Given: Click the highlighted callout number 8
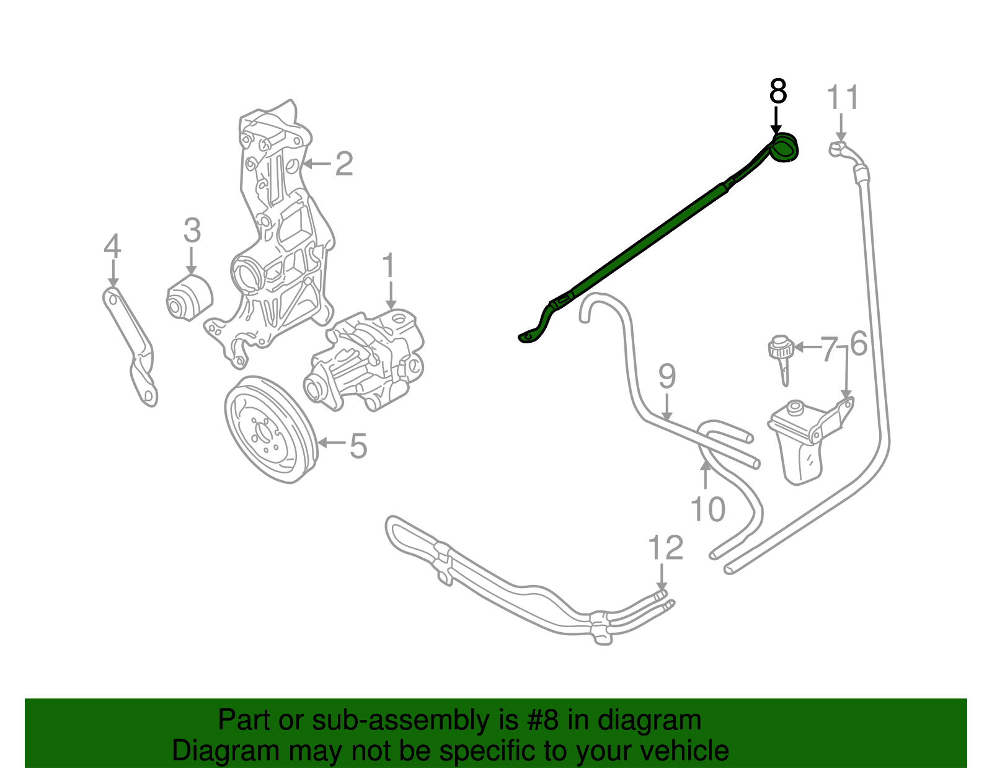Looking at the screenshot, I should tap(777, 92).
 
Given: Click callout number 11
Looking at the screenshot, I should tap(843, 98).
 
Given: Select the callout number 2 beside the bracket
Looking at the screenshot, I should tap(344, 164).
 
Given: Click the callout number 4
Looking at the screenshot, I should tap(112, 247).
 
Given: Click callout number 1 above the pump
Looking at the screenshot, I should tap(388, 266).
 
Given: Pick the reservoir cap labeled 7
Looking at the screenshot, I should tap(781, 350).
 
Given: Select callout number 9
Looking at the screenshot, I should tap(666, 376).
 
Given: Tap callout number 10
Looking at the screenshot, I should tap(707, 509).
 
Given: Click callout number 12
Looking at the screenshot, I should tap(665, 548).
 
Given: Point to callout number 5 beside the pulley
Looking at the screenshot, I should tap(358, 446).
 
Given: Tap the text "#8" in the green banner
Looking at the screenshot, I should tap(544, 721).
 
